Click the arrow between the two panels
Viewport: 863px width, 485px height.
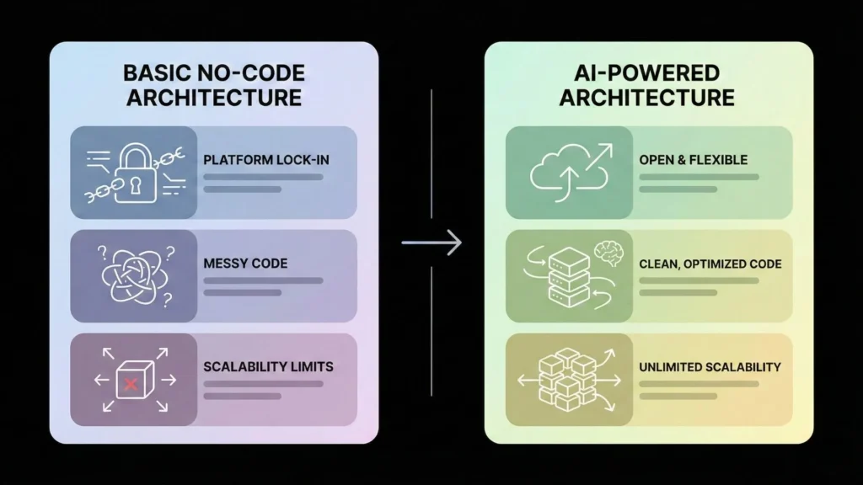pos(431,243)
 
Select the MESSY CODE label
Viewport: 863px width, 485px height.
pos(245,264)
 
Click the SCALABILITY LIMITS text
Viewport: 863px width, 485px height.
pos(268,367)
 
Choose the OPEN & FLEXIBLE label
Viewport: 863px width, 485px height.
pos(693,160)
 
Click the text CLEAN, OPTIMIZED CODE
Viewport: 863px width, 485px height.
pos(710,264)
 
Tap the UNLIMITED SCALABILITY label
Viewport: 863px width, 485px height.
pos(710,367)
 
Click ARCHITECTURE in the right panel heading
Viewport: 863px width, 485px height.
pos(646,97)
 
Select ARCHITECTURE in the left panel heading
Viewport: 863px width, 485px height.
pos(213,97)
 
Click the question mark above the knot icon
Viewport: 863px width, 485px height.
pos(103,251)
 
